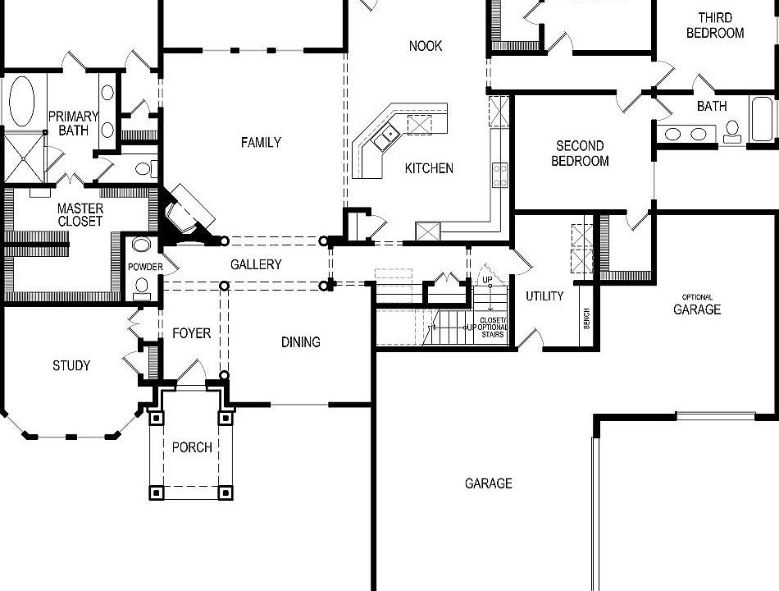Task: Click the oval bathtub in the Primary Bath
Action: pos(21,102)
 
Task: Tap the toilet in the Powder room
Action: pos(142,286)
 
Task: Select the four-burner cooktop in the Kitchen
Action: pos(499,175)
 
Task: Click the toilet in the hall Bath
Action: pos(732,131)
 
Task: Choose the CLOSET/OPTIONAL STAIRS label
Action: pos(494,327)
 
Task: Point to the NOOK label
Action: pos(426,46)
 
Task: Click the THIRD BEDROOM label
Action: pos(715,25)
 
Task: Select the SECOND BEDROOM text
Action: pos(580,153)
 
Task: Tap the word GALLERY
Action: pos(256,264)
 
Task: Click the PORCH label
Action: pos(192,447)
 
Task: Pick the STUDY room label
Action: pos(71,365)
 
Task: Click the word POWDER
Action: pos(145,268)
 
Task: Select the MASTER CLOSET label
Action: pos(80,215)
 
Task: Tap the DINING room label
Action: pos(301,341)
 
